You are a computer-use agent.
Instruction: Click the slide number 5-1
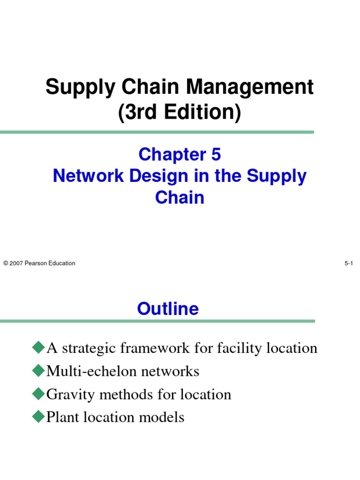coord(348,263)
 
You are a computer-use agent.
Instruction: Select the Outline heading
coord(168,309)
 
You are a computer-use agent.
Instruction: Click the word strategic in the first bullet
coord(88,348)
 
